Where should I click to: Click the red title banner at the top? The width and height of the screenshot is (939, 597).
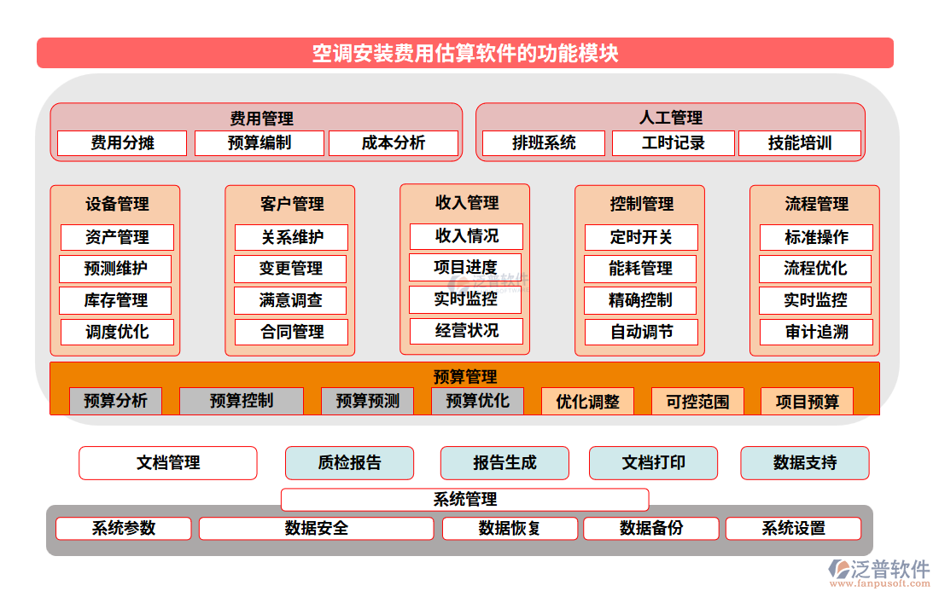(465, 53)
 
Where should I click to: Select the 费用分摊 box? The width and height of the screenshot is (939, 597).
(121, 143)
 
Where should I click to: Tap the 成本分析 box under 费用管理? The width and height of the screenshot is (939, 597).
(394, 143)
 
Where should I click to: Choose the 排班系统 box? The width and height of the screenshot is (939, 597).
(544, 143)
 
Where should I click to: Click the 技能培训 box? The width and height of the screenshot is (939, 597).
(799, 143)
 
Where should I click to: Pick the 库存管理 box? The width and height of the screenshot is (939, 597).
(115, 300)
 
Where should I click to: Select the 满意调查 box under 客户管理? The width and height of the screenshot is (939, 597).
(291, 300)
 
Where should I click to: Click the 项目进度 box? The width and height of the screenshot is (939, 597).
(465, 267)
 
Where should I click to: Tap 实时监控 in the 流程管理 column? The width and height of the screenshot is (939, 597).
(815, 300)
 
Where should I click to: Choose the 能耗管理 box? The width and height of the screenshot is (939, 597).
(640, 269)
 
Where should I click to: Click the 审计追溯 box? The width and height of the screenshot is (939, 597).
(816, 332)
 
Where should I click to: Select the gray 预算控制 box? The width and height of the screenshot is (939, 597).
(241, 401)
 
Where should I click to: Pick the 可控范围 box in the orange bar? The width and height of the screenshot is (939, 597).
(697, 402)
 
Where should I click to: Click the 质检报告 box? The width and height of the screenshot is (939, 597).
(349, 463)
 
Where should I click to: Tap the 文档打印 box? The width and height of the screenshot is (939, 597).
(653, 463)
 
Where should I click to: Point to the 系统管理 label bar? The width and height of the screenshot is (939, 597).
(465, 499)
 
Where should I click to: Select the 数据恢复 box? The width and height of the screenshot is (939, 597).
(510, 529)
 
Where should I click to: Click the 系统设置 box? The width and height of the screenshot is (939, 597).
(793, 529)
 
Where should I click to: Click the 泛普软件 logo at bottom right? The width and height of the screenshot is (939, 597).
(879, 571)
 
